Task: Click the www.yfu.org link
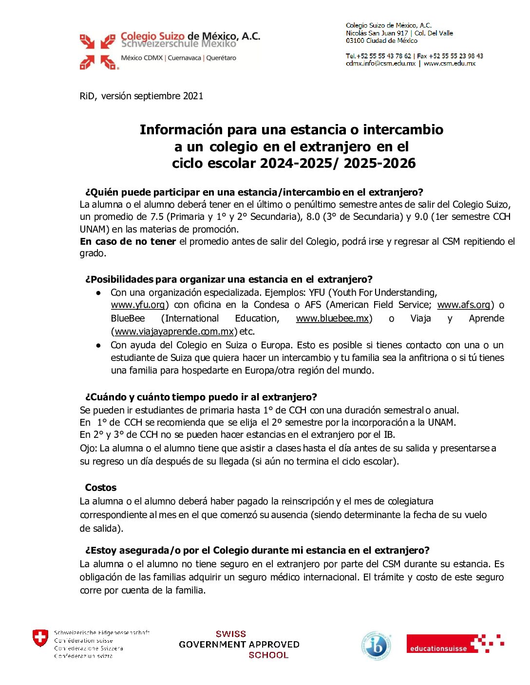point(138,305)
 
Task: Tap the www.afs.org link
point(463,305)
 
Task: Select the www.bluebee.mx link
point(332,318)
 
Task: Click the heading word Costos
point(101,487)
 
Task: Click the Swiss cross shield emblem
point(40,638)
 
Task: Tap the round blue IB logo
point(376,646)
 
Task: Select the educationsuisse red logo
point(454,644)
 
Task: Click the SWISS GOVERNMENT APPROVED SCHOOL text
point(239,645)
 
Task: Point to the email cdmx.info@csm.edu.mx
point(381,63)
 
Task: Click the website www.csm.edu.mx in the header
point(450,63)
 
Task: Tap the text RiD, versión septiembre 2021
point(141,96)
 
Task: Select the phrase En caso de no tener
point(128,241)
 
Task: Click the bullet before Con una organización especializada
point(99,292)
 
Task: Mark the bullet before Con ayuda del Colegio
point(99,345)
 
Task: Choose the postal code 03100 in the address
point(355,41)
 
